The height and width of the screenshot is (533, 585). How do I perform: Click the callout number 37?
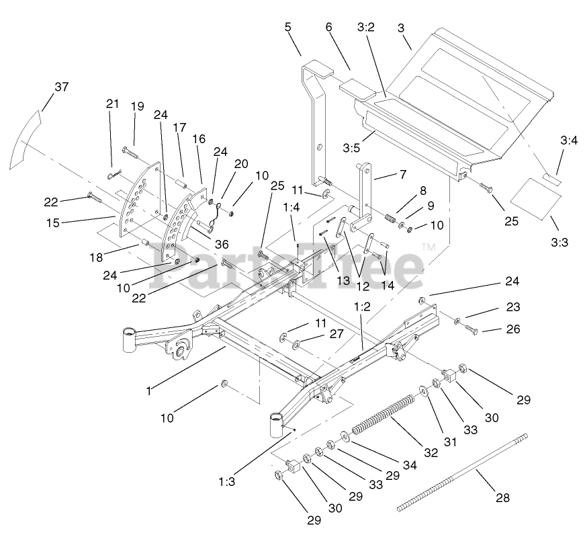(x=62, y=87)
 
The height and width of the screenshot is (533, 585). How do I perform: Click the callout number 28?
(x=502, y=498)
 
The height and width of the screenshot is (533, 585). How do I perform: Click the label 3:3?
(x=559, y=242)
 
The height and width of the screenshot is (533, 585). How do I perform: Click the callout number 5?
(x=288, y=28)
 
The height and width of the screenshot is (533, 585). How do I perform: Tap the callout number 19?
(x=138, y=106)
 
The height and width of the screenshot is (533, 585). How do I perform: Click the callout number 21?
(x=111, y=104)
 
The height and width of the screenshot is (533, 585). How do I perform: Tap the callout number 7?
(x=402, y=175)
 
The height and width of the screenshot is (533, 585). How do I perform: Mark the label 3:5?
(x=351, y=147)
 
